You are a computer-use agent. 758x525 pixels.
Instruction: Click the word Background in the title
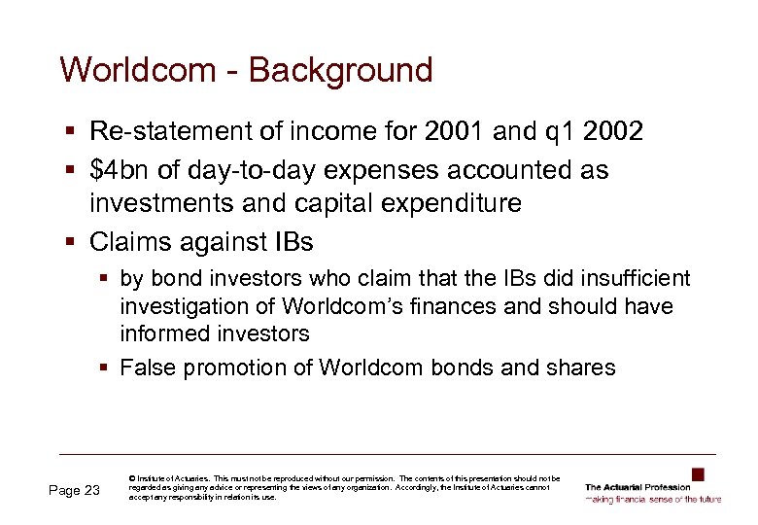(x=341, y=70)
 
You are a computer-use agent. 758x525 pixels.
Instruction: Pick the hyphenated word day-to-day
(x=243, y=171)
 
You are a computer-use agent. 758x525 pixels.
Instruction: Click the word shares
(x=584, y=367)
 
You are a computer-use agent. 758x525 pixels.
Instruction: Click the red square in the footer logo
(x=697, y=474)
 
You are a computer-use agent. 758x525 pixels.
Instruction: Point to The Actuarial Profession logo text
(x=637, y=487)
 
